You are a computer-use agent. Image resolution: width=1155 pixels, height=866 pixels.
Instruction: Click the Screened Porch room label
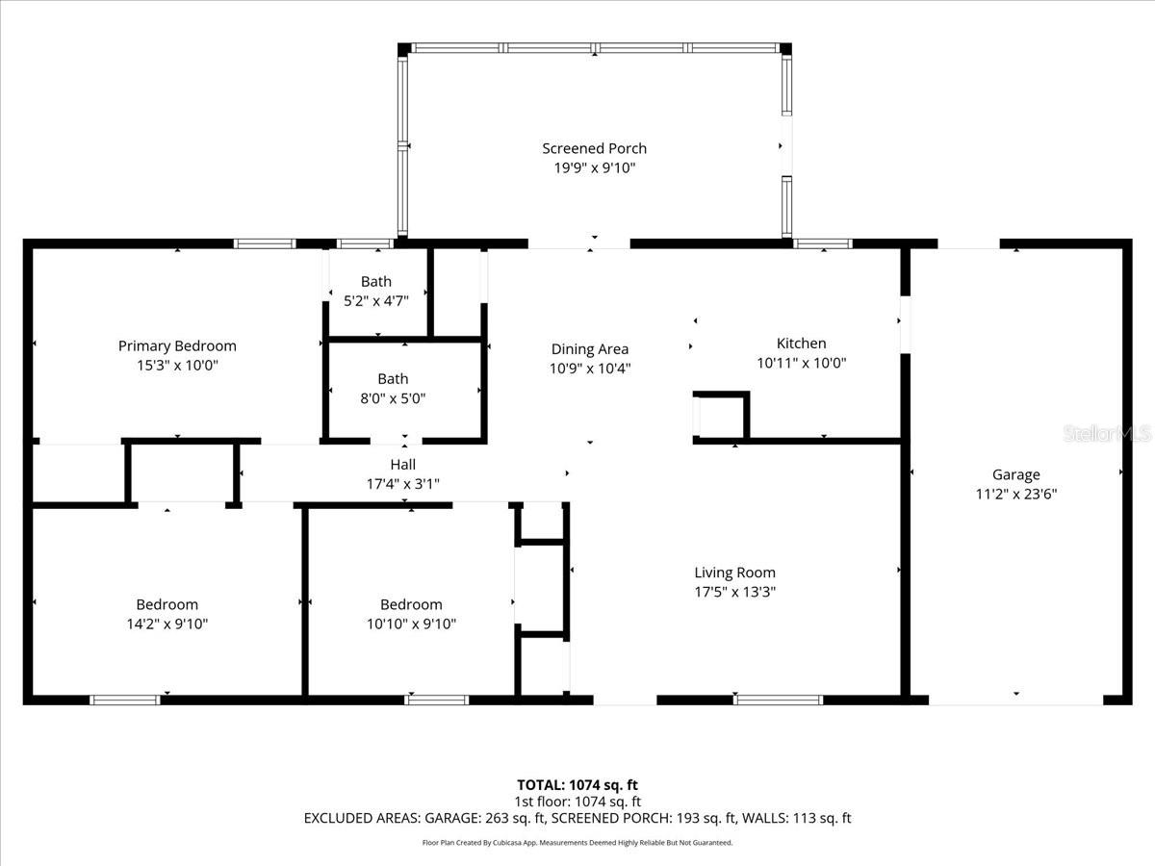point(594,148)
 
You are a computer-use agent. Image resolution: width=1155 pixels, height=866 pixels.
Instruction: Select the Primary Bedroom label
point(177,345)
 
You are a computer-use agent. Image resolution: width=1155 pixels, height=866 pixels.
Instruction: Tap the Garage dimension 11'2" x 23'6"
point(1016,494)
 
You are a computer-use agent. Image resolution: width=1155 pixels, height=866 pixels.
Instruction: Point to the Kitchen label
point(801,343)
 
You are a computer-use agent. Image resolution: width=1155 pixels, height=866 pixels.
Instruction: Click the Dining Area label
point(590,348)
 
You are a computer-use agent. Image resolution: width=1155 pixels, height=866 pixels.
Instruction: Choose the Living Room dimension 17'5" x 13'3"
point(735,592)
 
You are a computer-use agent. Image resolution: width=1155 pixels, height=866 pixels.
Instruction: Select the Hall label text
point(402,464)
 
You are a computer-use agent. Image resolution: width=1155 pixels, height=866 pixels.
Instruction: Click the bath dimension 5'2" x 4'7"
point(376,300)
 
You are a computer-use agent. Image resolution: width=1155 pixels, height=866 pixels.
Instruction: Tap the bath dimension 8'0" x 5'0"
point(392,397)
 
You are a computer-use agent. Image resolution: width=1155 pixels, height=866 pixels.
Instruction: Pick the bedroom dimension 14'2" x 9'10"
point(167,624)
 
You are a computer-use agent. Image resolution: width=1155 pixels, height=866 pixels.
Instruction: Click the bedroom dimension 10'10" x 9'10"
point(411,624)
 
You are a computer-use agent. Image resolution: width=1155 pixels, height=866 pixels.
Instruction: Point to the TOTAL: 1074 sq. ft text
point(577,784)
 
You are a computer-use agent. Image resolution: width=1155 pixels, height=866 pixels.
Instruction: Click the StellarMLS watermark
point(1106,434)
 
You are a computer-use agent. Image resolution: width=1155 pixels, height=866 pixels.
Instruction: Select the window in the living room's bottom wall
point(778,700)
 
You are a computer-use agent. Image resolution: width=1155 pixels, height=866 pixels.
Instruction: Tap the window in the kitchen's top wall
point(823,243)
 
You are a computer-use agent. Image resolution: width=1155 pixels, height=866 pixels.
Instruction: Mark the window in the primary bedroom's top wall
point(265,243)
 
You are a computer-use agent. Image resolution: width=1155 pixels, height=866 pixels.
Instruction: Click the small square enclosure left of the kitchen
point(720,417)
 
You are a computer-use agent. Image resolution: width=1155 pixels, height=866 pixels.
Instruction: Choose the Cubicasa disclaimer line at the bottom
point(577,842)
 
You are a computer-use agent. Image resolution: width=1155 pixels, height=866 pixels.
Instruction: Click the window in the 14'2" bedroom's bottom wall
point(125,700)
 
